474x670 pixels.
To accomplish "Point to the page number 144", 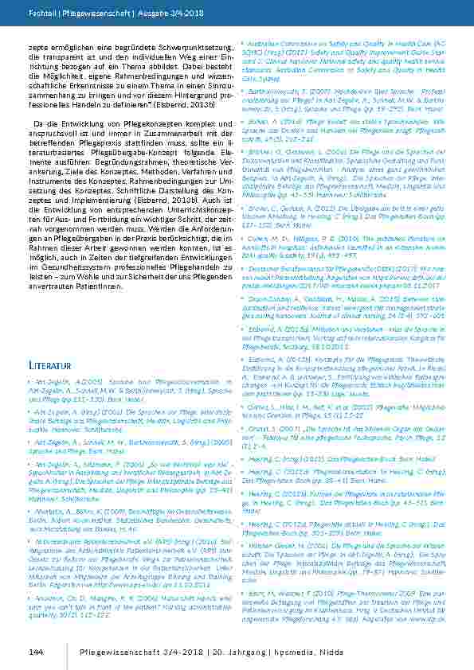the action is [35, 652].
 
